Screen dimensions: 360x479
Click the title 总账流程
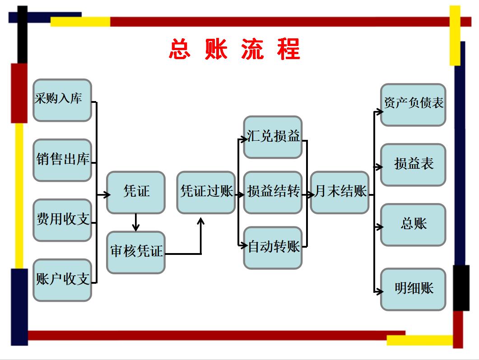235,49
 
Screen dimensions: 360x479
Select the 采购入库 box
62,100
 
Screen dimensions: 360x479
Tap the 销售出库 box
62,160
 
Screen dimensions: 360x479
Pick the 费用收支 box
62,220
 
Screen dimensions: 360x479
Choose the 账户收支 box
62,280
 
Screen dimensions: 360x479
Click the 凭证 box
136,192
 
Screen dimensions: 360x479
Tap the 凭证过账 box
206,192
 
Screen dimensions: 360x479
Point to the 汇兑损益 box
273,137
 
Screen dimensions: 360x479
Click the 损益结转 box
273,192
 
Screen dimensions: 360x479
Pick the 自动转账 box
273,248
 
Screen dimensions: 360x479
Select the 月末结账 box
339,192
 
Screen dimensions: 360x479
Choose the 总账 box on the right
413,225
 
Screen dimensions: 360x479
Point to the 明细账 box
413,289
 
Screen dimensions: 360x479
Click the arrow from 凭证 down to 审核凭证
136,223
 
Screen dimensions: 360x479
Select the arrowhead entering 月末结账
309,195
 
